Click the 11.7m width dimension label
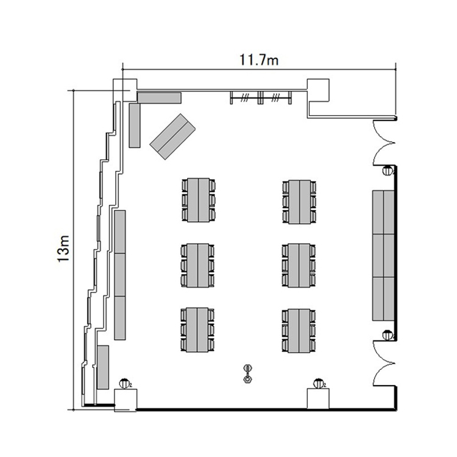(259, 60)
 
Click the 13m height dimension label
(63, 249)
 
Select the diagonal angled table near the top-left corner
(172, 136)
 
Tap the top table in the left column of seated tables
(198, 200)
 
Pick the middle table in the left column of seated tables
(198, 265)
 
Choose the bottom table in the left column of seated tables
(197, 330)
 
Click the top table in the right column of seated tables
(299, 202)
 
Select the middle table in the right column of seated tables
(299, 265)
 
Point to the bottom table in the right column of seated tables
(299, 331)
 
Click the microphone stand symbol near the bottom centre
(248, 374)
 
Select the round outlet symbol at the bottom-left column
(124, 384)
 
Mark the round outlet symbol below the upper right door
(388, 170)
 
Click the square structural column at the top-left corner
(125, 90)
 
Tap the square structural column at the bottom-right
(318, 399)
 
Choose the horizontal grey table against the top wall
(160, 97)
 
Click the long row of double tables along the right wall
(383, 255)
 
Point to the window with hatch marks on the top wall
(261, 97)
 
